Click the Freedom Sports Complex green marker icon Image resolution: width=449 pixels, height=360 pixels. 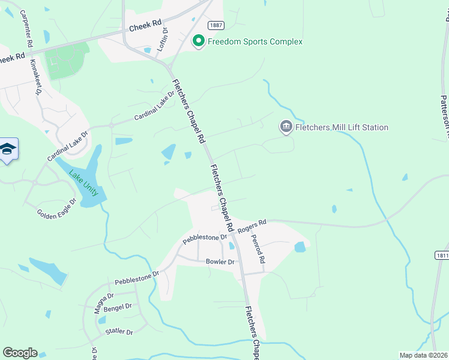(x=198, y=41)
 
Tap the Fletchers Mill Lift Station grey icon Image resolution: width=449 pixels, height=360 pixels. (x=286, y=127)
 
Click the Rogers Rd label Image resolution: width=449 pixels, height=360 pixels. (x=252, y=227)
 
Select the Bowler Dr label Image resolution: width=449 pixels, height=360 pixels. (x=220, y=262)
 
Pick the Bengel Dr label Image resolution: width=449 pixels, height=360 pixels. (x=117, y=307)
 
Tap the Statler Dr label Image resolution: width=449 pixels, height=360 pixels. (x=119, y=331)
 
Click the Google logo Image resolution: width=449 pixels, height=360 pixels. (x=20, y=353)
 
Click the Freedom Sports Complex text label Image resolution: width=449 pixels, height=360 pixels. (x=255, y=41)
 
